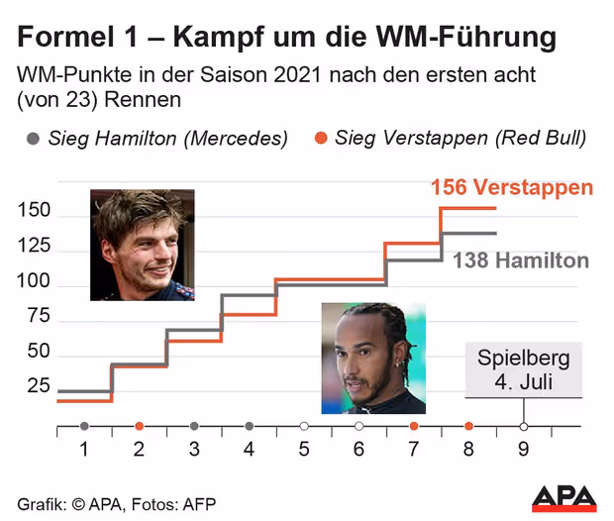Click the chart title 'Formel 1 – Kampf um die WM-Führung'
286,39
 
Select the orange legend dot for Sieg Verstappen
320,139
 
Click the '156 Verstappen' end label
512,187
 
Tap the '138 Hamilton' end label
521,260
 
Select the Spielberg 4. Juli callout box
524,370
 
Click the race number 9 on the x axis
523,449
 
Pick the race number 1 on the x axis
84,449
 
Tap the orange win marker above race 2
139,426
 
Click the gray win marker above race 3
194,426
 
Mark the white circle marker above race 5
304,426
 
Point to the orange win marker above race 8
468,426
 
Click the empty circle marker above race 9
524,426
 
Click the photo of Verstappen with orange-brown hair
143,244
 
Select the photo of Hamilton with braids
373,359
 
